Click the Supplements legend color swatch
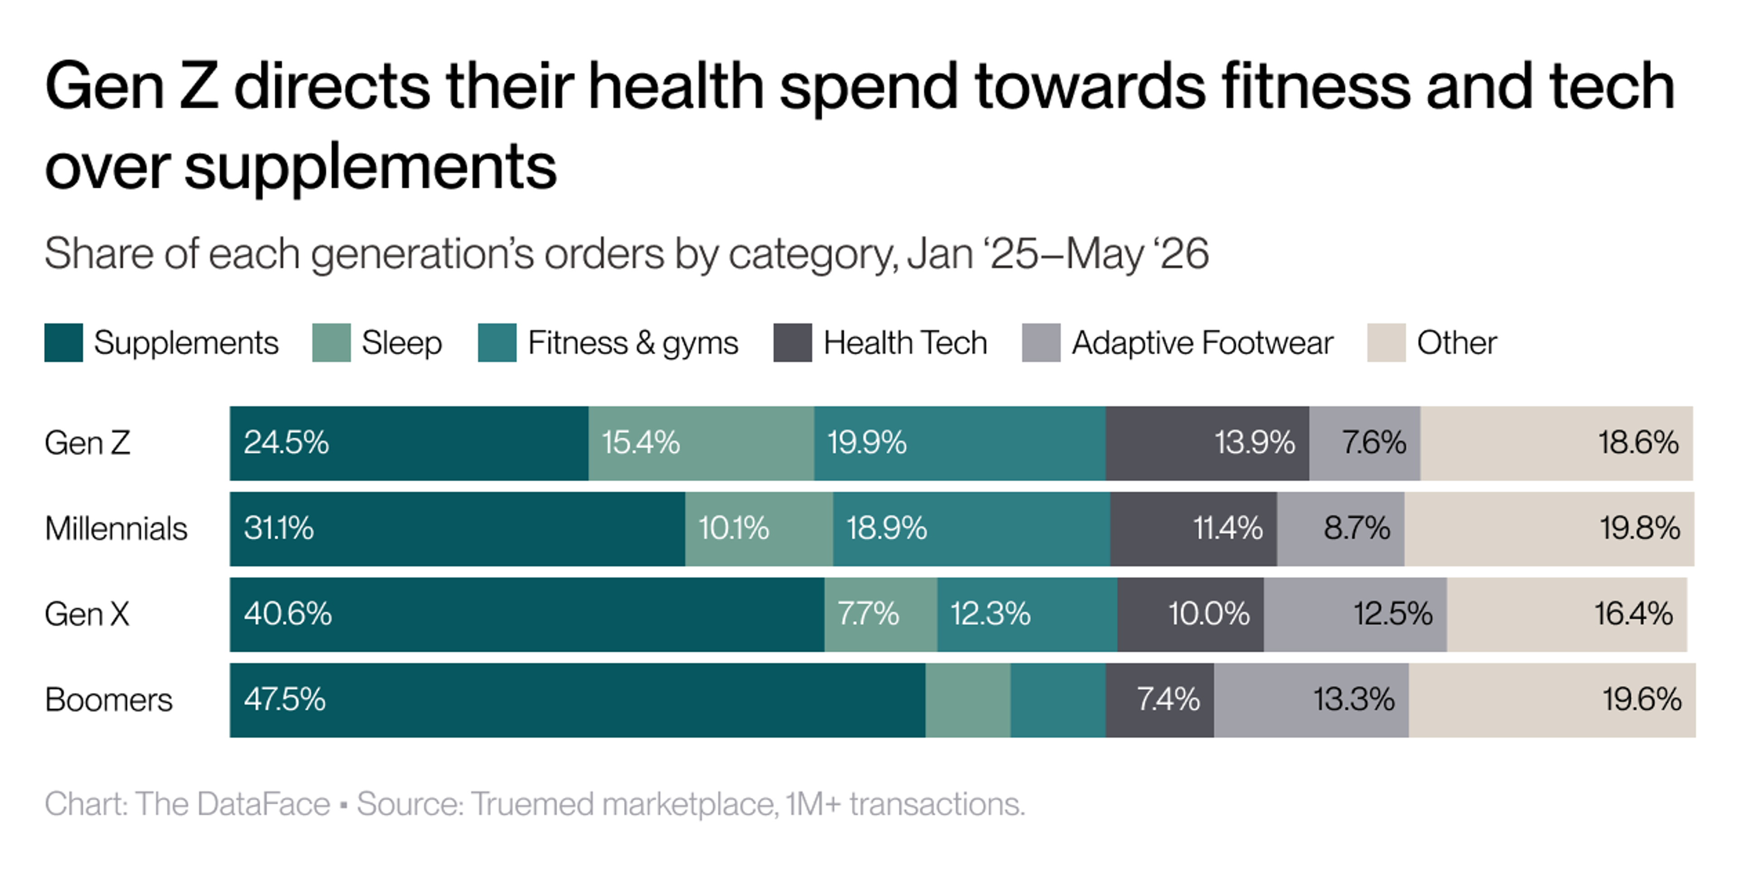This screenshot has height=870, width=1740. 63,343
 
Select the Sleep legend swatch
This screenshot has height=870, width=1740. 331,343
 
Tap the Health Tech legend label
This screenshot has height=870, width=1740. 905,343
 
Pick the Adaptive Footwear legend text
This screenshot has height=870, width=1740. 1202,343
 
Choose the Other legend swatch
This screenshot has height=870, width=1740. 1386,343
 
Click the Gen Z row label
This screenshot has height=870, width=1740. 87,443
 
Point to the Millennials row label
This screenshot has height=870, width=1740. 116,528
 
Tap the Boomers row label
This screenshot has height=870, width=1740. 109,700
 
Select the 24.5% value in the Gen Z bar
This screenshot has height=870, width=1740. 286,443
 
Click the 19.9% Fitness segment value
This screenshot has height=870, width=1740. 867,443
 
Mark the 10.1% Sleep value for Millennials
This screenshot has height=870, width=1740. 734,528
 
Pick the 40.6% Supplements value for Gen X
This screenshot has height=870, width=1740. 288,614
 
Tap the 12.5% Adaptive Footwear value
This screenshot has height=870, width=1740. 1393,614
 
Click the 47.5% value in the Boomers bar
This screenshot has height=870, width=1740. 285,700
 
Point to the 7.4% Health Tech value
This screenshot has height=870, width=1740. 1168,700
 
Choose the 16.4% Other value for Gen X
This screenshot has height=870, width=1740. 1633,614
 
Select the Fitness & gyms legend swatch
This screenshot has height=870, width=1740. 497,343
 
